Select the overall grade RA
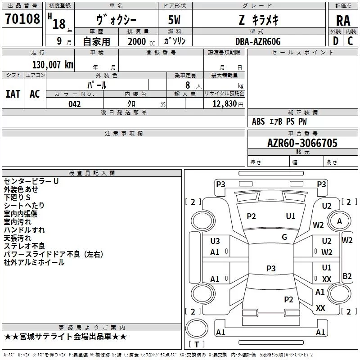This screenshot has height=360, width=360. pos(343,20)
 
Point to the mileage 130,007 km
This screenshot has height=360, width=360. pos(53,65)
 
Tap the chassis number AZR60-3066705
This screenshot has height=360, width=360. pos(302,143)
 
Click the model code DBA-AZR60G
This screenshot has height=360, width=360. pos(257,41)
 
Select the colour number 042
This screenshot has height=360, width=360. pos(75,104)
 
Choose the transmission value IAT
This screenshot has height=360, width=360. pos(13,94)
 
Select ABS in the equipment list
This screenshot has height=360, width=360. pos(258,121)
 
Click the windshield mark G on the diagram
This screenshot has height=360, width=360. pos(284,237)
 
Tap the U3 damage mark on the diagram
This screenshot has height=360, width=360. pos(215,241)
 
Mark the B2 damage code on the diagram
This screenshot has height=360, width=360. pos(347,276)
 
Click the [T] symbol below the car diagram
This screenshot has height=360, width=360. pos(196,345)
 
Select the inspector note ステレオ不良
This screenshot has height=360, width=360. pos(24,246)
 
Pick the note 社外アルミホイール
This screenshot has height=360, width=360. pos(34,262)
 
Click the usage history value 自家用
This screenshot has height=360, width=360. pos(97,41)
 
